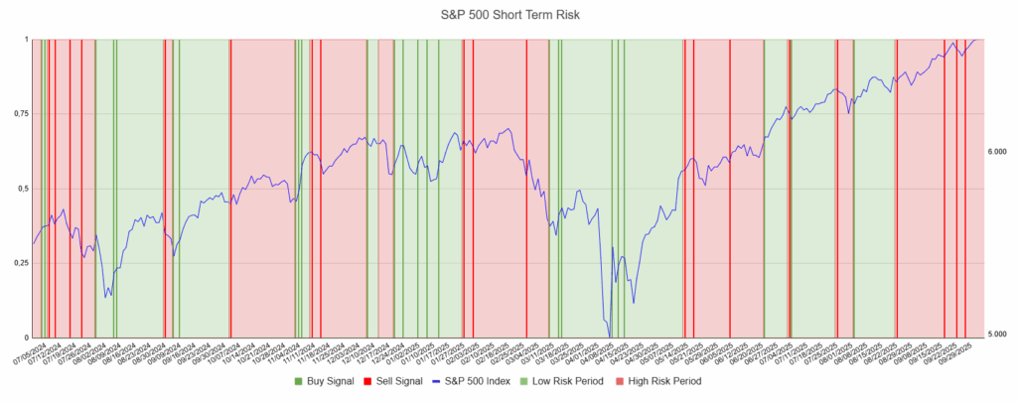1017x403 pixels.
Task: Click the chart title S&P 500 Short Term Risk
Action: (508, 14)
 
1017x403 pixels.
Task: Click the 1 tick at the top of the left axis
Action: (26, 40)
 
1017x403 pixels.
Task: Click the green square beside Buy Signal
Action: (298, 381)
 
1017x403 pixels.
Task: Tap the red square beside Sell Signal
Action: (367, 381)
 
